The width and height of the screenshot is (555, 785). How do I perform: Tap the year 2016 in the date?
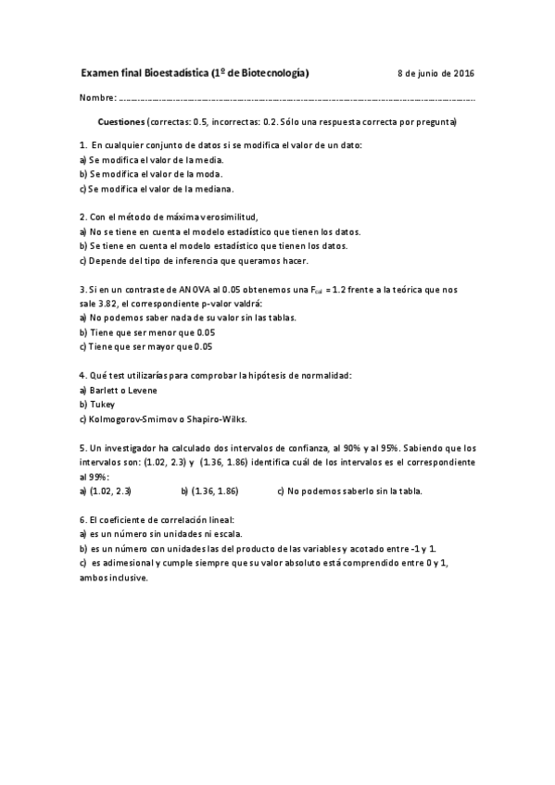pos(462,73)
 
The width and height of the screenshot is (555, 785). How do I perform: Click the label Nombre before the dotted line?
pos(96,97)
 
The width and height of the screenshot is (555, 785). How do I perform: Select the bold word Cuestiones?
pos(121,122)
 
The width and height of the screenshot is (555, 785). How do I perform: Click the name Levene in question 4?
pos(141,390)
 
